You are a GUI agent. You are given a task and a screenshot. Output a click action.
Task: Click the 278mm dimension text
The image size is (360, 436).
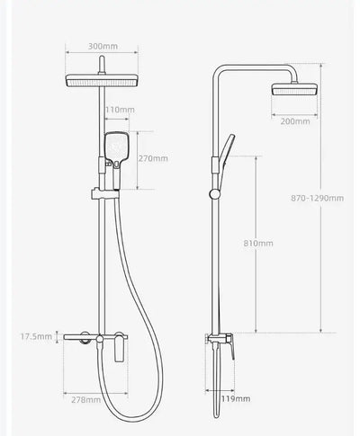[86, 399]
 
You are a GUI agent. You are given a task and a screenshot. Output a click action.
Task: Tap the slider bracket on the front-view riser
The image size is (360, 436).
[102, 191]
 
